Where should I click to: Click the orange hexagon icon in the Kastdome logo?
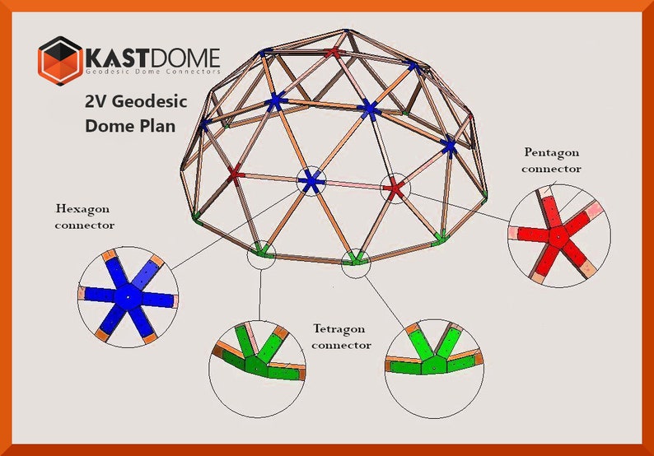click(x=60, y=60)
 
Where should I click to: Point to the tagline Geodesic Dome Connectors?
click(x=153, y=73)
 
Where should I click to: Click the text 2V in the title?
click(x=98, y=103)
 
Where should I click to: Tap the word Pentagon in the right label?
click(x=551, y=152)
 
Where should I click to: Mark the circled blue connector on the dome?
click(x=311, y=182)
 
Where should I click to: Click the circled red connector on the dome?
click(x=394, y=188)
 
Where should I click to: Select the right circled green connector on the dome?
click(x=356, y=258)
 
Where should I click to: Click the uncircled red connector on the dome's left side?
click(x=235, y=174)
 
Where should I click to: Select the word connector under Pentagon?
click(x=551, y=169)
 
